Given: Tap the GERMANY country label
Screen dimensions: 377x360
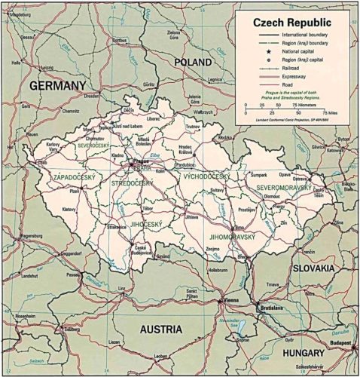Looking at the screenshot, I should [x=58, y=87].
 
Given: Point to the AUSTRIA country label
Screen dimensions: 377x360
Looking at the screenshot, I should [x=160, y=329].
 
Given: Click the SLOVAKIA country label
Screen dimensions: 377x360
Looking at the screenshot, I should [x=313, y=268].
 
